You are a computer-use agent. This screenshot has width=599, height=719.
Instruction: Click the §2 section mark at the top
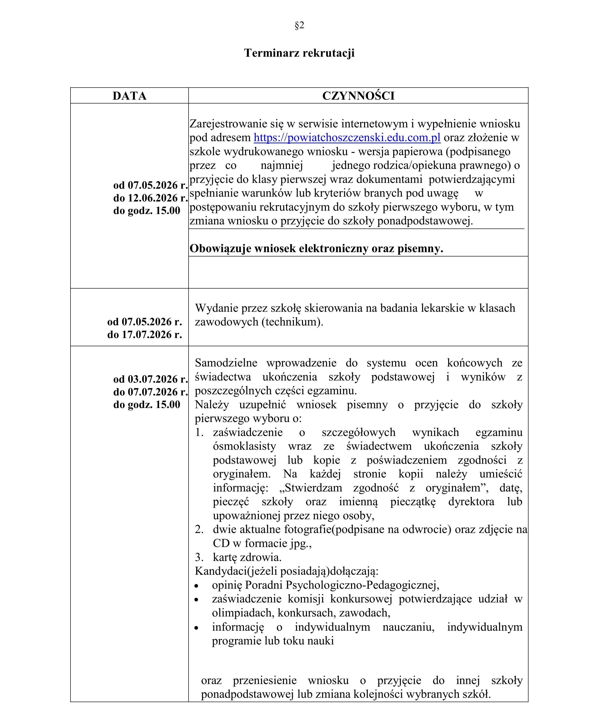click(x=299, y=25)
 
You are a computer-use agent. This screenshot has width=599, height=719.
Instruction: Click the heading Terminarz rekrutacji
click(x=299, y=53)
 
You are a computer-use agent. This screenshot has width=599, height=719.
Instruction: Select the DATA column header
click(x=130, y=96)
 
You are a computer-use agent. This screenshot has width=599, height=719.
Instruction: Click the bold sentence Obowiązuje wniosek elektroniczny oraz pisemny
click(x=316, y=249)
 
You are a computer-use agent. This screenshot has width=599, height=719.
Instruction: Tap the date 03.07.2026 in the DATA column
click(x=153, y=379)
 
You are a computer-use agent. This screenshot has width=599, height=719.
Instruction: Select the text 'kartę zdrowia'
click(x=247, y=557)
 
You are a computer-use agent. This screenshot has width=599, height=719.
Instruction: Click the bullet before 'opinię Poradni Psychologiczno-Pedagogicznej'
click(x=196, y=586)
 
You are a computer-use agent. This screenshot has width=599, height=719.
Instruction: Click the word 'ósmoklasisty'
click(x=244, y=446)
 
